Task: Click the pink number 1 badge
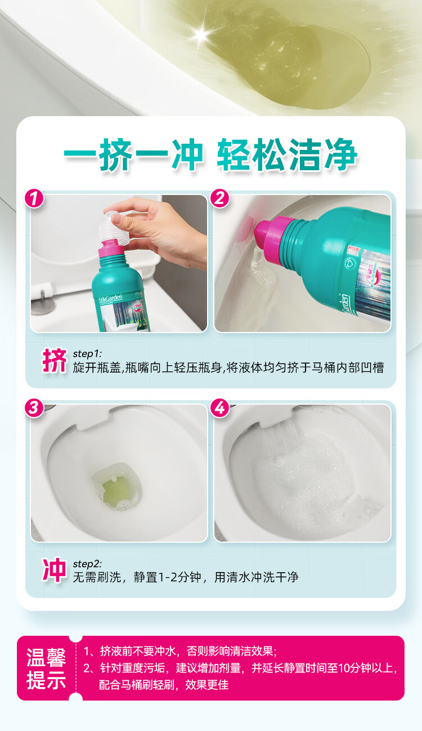click(x=34, y=198)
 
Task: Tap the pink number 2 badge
click(x=219, y=198)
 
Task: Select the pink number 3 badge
click(x=34, y=407)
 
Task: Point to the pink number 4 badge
click(x=219, y=407)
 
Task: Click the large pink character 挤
click(x=54, y=360)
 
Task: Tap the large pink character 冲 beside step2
click(x=54, y=570)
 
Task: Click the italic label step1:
click(x=87, y=353)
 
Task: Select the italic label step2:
click(x=87, y=564)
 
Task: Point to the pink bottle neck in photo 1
click(x=111, y=249)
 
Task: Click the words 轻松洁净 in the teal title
click(x=287, y=154)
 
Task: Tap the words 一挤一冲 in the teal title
click(x=133, y=154)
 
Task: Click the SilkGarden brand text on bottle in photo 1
click(x=111, y=299)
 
